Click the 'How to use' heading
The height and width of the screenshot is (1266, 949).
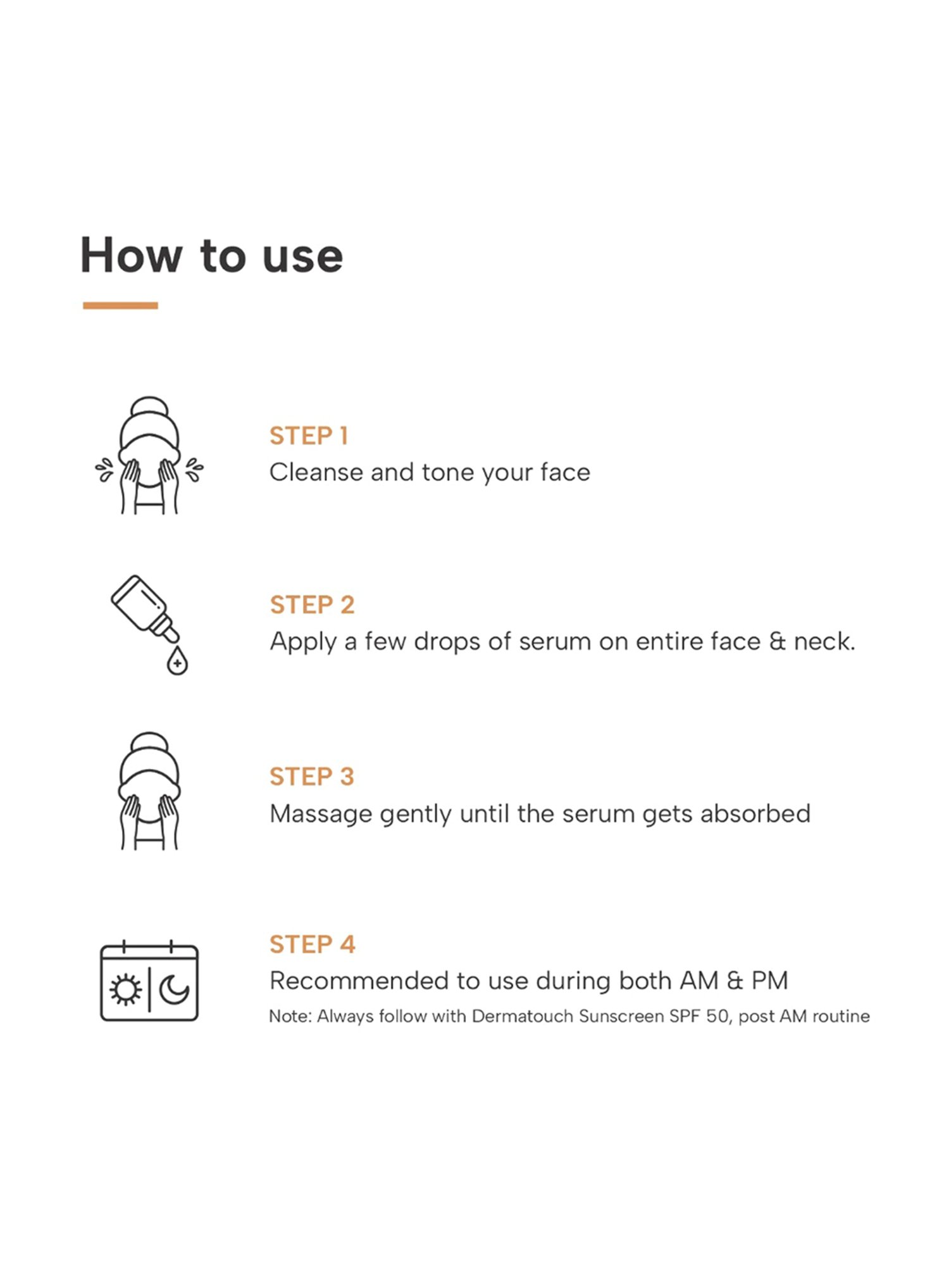(211, 255)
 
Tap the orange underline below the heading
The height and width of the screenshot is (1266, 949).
(120, 306)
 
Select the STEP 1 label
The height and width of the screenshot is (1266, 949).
(309, 436)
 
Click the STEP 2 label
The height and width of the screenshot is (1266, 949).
(312, 605)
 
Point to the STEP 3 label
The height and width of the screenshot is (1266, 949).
(312, 776)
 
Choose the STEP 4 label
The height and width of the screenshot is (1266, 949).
(313, 944)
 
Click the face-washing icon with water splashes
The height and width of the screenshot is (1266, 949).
(149, 455)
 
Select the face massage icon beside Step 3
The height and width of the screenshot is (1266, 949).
(149, 791)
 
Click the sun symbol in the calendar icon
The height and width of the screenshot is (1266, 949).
(125, 989)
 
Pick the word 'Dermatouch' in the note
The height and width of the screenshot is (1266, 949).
(522, 1016)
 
